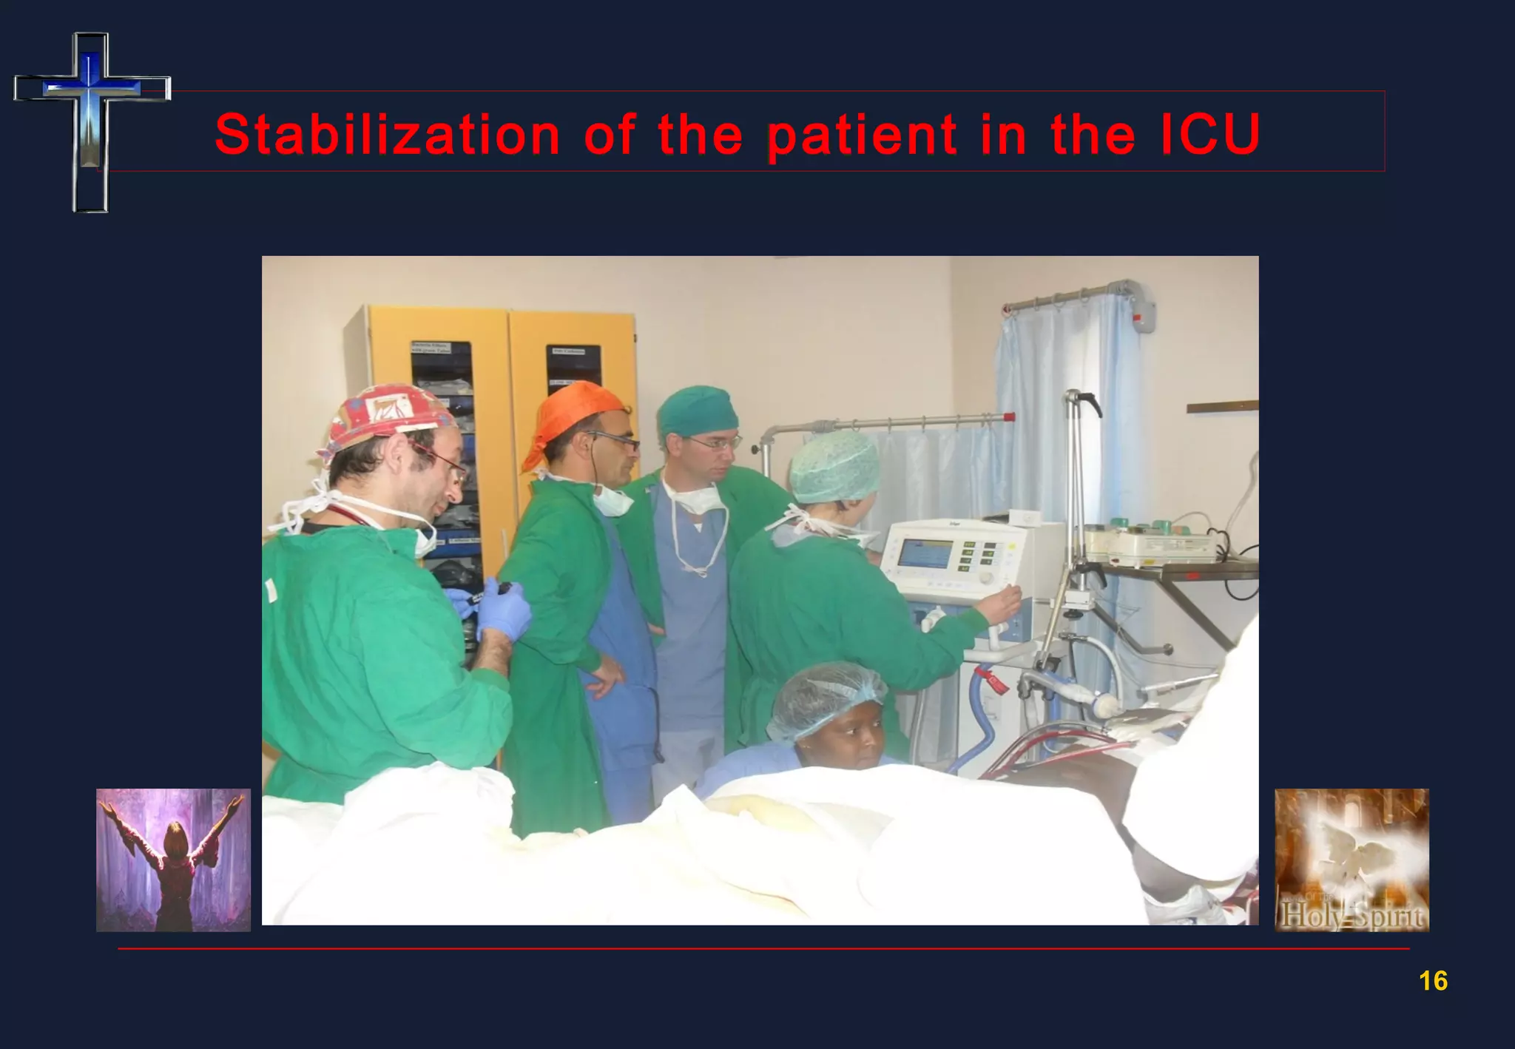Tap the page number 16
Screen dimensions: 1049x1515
(x=1433, y=981)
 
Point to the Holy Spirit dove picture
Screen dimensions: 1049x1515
(x=1352, y=860)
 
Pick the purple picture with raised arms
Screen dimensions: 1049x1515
(x=173, y=860)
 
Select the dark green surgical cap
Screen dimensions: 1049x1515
(x=697, y=411)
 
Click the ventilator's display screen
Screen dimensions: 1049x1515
(x=925, y=553)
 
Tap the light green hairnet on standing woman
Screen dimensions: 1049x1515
(x=834, y=466)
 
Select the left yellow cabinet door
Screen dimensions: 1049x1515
(x=436, y=414)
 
